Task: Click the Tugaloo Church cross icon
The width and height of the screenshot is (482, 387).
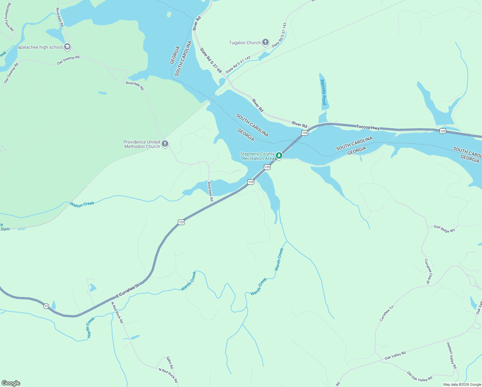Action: pyautogui.click(x=265, y=42)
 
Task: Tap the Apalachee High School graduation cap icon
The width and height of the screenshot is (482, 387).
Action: pyautogui.click(x=67, y=47)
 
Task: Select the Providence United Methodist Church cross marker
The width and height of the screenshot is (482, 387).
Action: pyautogui.click(x=165, y=144)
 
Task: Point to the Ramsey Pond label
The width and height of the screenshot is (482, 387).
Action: pyautogui.click(x=323, y=93)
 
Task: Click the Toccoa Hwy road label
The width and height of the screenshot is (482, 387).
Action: pyautogui.click(x=368, y=127)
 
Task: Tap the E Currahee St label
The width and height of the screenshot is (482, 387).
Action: pyautogui.click(x=128, y=291)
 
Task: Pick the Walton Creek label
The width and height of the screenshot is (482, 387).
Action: pyautogui.click(x=82, y=204)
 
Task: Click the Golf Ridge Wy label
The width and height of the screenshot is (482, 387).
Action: pyautogui.click(x=444, y=229)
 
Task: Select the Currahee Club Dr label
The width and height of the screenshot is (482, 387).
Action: pyautogui.click(x=428, y=271)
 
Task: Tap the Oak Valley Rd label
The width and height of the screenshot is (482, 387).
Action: pyautogui.click(x=395, y=356)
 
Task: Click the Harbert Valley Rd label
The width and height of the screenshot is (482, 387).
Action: pyautogui.click(x=451, y=355)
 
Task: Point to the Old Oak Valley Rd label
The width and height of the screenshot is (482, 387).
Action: pyautogui.click(x=419, y=376)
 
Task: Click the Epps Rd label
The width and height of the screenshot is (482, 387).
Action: pyautogui.click(x=170, y=363)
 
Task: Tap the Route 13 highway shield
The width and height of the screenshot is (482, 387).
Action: pyautogui.click(x=46, y=306)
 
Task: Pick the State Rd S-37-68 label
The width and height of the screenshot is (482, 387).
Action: pyautogui.click(x=211, y=60)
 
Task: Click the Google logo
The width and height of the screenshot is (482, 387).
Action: pyautogui.click(x=11, y=383)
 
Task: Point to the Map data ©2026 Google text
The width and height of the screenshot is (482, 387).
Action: pyautogui.click(x=462, y=384)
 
